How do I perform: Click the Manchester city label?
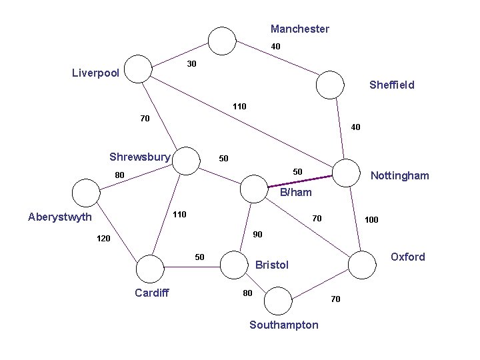(x=299, y=29)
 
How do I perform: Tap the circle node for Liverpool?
(x=139, y=69)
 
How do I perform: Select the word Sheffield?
(x=391, y=85)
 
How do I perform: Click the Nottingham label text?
(x=399, y=175)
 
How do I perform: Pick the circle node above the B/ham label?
(x=253, y=188)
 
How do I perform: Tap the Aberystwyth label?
(x=60, y=216)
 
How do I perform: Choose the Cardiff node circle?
(x=149, y=269)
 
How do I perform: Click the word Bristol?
(x=272, y=265)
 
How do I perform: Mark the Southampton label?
(x=283, y=325)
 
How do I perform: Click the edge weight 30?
(x=191, y=64)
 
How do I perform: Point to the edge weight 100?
(x=371, y=219)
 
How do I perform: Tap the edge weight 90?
(x=258, y=234)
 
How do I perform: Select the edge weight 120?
(x=103, y=238)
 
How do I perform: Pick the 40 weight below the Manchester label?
(x=275, y=47)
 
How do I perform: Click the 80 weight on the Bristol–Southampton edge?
(x=247, y=293)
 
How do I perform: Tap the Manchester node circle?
(x=221, y=41)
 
